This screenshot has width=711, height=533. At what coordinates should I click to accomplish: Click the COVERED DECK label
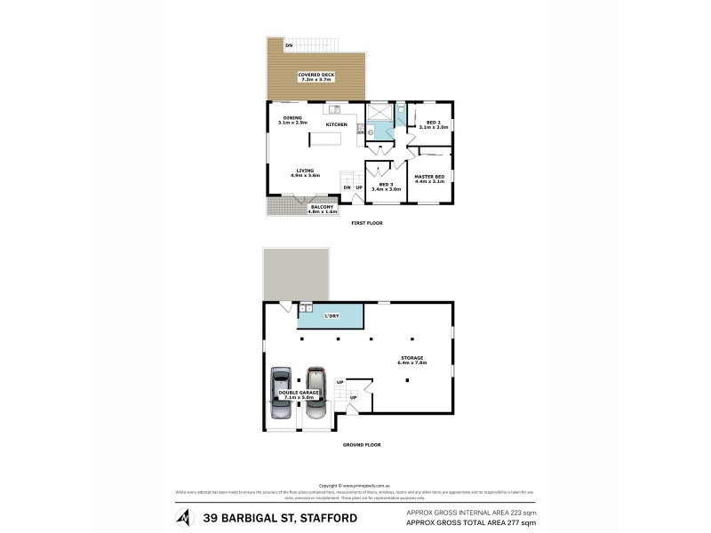coord(316,75)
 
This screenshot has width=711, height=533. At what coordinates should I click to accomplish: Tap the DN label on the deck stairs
coord(289,45)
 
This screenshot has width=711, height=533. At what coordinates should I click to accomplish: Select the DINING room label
coord(292,118)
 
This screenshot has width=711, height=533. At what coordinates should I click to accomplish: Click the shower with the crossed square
coord(379,113)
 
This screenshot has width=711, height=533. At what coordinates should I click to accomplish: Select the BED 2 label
coord(433,123)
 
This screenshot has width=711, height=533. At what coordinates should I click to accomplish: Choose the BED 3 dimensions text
coord(386,189)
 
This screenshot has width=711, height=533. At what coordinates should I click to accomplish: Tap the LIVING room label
coord(305,171)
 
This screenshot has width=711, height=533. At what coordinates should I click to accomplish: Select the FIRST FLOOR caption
coord(366,223)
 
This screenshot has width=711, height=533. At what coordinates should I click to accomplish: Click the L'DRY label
coord(331,316)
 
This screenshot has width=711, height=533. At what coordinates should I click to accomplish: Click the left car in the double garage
coord(280,394)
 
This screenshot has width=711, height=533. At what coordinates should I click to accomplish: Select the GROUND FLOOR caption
coord(361,443)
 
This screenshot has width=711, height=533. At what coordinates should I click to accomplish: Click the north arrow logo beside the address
coord(184,516)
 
